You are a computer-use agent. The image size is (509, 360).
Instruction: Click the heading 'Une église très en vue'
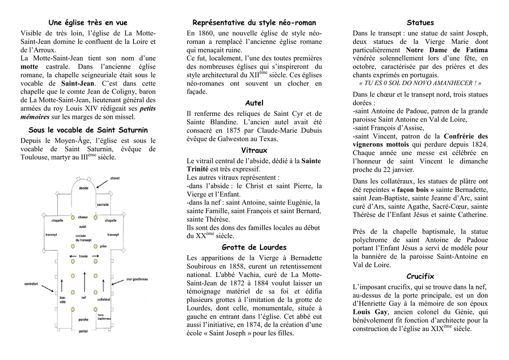point(87,23)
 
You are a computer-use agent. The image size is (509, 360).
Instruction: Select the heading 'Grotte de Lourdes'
point(254,247)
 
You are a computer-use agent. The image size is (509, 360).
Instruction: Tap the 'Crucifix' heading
point(420,276)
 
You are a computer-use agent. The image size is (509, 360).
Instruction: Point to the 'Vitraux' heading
point(254,150)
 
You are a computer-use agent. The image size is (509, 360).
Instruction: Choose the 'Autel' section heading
point(254,103)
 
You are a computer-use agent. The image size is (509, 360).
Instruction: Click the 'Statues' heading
point(420,23)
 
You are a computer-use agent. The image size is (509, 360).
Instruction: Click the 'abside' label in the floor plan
point(84,188)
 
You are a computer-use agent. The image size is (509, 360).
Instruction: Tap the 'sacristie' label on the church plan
point(103,204)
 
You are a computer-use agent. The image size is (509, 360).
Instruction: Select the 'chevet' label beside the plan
point(115,178)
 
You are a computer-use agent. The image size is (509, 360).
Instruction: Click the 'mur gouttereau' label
point(137,279)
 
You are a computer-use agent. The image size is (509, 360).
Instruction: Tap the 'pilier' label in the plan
point(103,246)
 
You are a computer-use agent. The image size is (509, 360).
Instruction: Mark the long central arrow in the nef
point(84,278)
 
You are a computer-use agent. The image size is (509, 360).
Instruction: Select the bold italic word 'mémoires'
point(35,117)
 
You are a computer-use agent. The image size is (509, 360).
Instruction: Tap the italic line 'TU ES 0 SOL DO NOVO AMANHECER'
point(420,83)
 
